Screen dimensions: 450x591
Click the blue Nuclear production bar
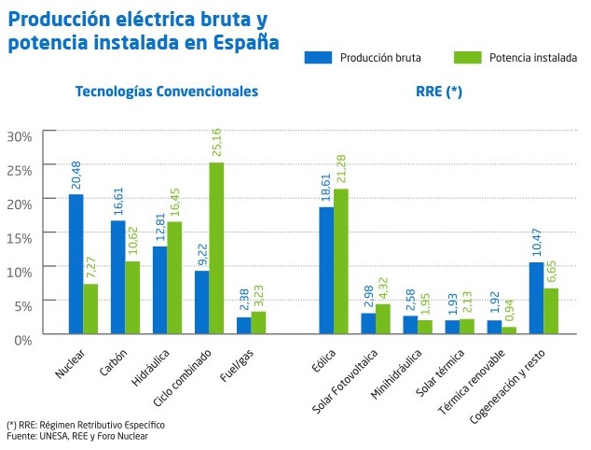click(76, 264)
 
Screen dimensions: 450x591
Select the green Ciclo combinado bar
click(216, 248)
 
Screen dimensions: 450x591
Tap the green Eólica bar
click(341, 261)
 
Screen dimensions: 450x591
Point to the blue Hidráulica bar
click(159, 289)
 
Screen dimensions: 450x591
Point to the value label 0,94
click(509, 306)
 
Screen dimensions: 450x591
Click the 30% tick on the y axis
click(20, 136)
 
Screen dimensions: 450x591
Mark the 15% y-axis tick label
click(20, 237)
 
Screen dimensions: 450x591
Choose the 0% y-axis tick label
click(23, 339)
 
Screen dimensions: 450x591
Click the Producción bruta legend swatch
click(319, 57)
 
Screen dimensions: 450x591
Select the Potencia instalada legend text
click(532, 57)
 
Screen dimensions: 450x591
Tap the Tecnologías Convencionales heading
click(167, 91)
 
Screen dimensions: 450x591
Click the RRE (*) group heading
click(439, 91)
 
